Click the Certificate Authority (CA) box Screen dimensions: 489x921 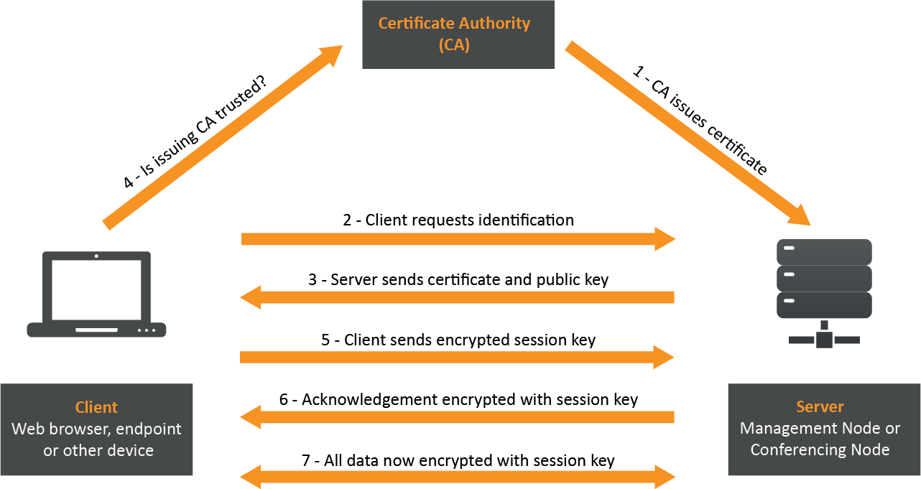coord(458,34)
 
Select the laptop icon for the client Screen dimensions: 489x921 coord(96,294)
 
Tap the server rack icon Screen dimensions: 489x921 coord(824,291)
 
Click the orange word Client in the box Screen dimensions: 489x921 coord(96,407)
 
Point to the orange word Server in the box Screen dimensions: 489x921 coord(820,407)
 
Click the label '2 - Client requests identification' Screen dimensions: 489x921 coord(458,220)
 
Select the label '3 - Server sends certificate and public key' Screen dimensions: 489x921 coord(458,279)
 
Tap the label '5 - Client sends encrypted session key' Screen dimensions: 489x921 coord(458,340)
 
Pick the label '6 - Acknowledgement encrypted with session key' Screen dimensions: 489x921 coord(458,399)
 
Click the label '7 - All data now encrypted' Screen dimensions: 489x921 coord(458,460)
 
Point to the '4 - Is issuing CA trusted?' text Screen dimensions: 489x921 coord(194,134)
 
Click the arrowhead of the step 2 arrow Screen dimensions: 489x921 coord(665,239)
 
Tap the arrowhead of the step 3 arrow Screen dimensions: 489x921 coord(251,297)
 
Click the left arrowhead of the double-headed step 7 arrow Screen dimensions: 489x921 coord(251,476)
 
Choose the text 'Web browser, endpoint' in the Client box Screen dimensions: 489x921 coord(96,429)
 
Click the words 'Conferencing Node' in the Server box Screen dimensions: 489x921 coord(820,450)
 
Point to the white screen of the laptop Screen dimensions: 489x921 coord(96,290)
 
